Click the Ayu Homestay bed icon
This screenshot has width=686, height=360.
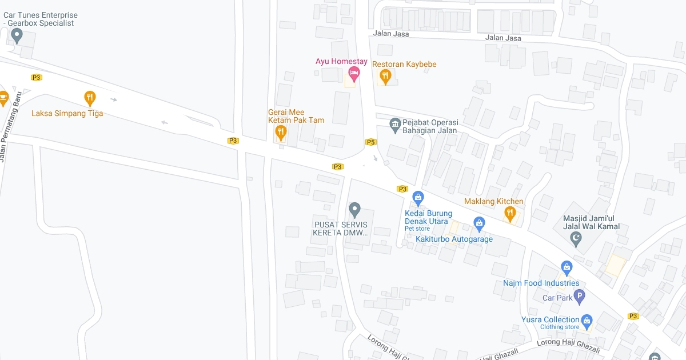pos(354,73)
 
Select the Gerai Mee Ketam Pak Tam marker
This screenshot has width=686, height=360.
pos(280,133)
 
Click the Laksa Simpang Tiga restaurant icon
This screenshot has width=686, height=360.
pos(90,98)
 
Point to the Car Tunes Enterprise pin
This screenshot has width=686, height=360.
pos(17,36)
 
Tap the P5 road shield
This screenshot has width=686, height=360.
pos(370,142)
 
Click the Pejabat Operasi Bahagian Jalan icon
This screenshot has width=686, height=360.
pos(394,123)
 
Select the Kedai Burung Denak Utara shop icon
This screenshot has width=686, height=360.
pos(418,198)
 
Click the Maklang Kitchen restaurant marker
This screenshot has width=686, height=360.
pos(509,214)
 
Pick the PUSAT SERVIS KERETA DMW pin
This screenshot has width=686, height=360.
pos(354,210)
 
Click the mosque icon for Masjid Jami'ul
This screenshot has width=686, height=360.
pos(576,239)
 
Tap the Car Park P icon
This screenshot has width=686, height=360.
pos(579,297)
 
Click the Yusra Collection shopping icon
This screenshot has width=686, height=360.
pos(587,320)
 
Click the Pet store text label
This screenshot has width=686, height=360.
pos(417,229)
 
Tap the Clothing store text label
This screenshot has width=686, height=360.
pos(559,327)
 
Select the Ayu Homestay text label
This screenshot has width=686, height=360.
pos(341,62)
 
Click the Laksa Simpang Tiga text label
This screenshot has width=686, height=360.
pos(67,113)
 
